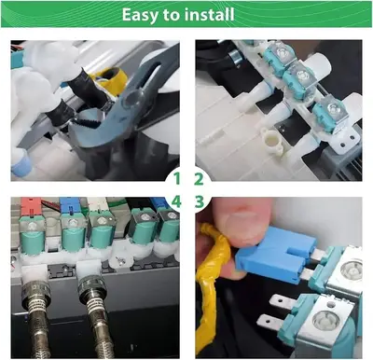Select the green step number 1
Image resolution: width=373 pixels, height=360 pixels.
click(x=176, y=179)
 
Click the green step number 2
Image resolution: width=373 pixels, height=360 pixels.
click(x=199, y=179)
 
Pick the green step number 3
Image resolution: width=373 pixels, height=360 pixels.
click(x=200, y=202)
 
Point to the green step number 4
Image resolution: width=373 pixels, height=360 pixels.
click(x=176, y=202)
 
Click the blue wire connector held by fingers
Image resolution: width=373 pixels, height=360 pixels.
click(x=275, y=255)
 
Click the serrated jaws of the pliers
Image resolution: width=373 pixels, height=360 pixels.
click(x=88, y=121)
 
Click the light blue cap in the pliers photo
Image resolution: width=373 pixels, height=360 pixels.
click(x=21, y=164)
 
